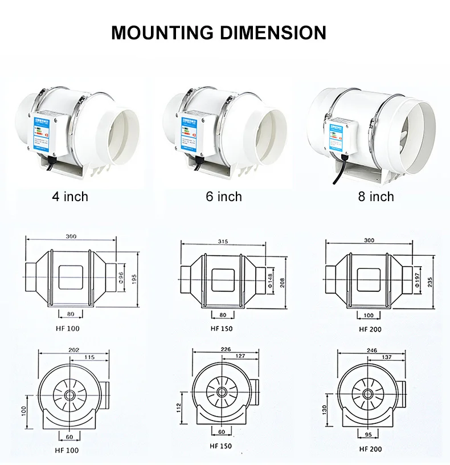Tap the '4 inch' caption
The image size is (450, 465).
pos(70,197)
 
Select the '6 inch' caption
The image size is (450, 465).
pos(224,197)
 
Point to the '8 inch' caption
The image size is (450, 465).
pos(376,197)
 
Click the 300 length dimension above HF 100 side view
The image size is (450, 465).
pos(71,235)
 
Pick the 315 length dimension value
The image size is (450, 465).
pos(223,242)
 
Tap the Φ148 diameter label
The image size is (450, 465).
pos(270,280)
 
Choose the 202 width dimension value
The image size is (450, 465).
pos(73,349)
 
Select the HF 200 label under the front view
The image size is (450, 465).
pos(370,448)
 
